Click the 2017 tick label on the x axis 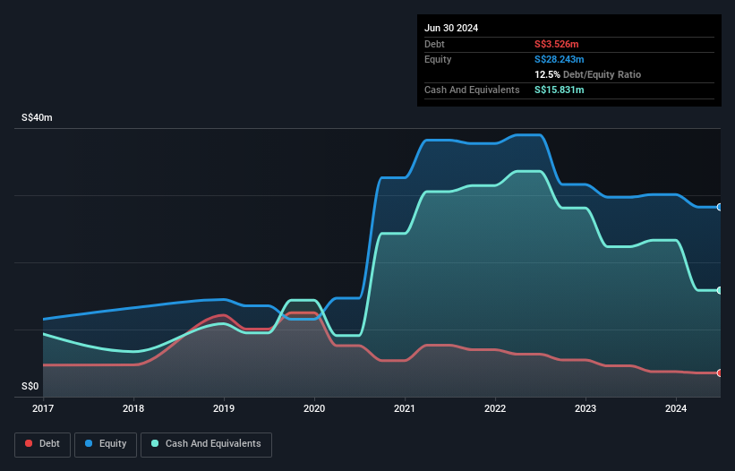[43, 408]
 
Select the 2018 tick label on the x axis [133, 408]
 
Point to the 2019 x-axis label [224, 408]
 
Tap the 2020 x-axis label [314, 408]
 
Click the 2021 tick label [406, 408]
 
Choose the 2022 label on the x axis [495, 408]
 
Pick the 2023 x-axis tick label [585, 408]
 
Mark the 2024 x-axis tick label [676, 408]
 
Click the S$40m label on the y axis [38, 118]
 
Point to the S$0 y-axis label [30, 387]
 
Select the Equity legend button [106, 443]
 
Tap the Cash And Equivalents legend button [206, 443]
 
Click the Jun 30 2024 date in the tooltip [451, 28]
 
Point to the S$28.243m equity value [560, 59]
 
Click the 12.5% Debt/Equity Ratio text [587, 74]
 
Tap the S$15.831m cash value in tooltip [560, 90]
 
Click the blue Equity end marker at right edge [720, 207]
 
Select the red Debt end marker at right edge [720, 373]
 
